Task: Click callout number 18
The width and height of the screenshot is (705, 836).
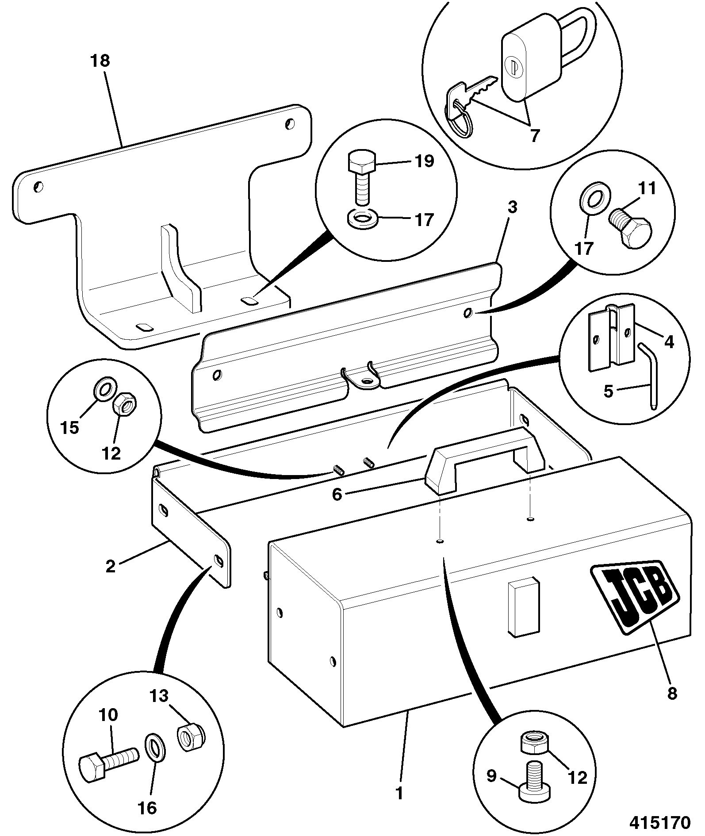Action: [x=100, y=61]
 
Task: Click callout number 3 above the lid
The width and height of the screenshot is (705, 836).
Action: [x=512, y=207]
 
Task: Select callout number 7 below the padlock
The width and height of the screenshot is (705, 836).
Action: [x=536, y=135]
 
